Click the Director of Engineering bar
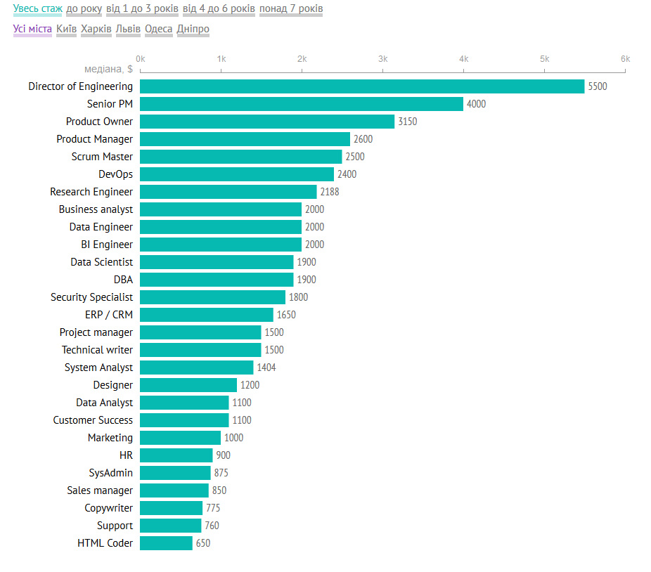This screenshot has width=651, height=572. click(362, 86)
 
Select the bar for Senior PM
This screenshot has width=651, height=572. click(302, 104)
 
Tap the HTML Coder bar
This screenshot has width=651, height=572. click(166, 543)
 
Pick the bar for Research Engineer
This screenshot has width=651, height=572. click(228, 192)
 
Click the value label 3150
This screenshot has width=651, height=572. click(407, 122)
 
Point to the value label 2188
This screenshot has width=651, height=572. click(330, 192)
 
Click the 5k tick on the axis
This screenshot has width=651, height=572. click(544, 59)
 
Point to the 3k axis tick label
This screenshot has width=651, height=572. click(383, 59)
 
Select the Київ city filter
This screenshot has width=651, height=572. click(66, 30)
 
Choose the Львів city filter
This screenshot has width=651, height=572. click(128, 30)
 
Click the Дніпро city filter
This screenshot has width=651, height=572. click(193, 30)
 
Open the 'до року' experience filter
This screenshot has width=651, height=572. click(84, 9)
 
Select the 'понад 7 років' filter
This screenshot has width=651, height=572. click(291, 9)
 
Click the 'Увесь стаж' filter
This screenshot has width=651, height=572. click(37, 9)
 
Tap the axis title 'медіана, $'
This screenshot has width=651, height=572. click(108, 69)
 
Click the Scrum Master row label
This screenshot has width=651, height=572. click(102, 157)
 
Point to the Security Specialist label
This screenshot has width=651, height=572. click(91, 297)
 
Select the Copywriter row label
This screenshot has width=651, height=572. click(108, 508)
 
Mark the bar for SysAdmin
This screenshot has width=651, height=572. click(175, 473)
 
